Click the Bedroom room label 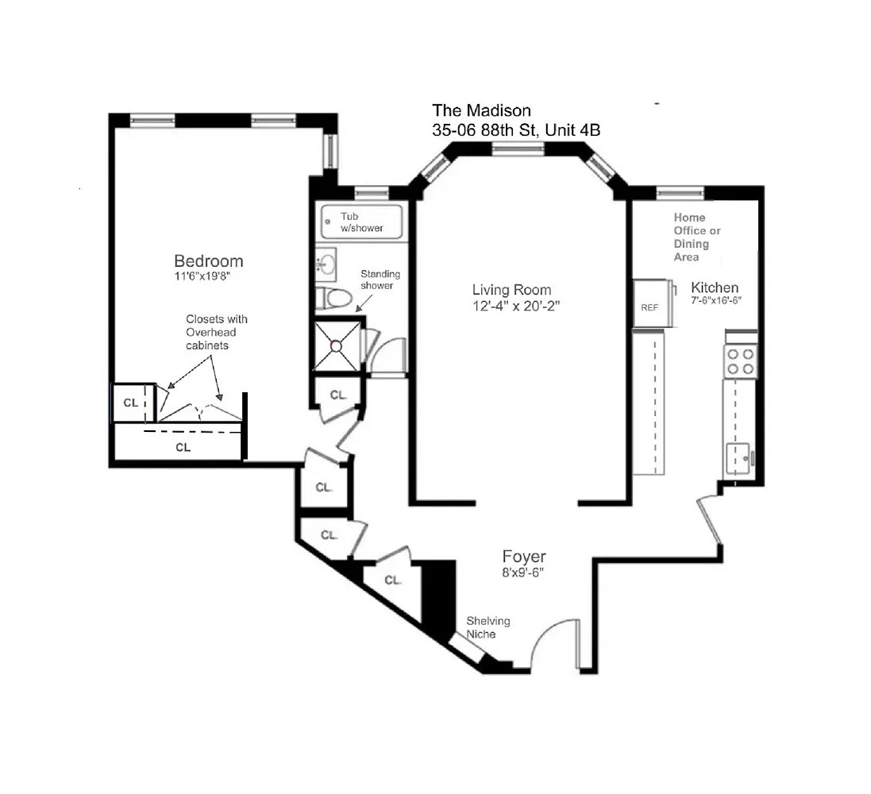pyautogui.click(x=208, y=261)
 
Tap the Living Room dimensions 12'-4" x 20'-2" pyautogui.click(x=516, y=306)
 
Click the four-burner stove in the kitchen pyautogui.click(x=741, y=361)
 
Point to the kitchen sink pyautogui.click(x=738, y=458)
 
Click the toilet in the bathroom pyautogui.click(x=334, y=299)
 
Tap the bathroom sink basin pyautogui.click(x=326, y=264)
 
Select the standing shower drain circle pyautogui.click(x=336, y=346)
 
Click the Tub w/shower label pyautogui.click(x=361, y=222)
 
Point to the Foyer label pyautogui.click(x=524, y=556)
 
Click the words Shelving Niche pyautogui.click(x=488, y=627)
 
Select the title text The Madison pyautogui.click(x=482, y=110)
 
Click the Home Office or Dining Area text pyautogui.click(x=697, y=237)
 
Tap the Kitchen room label pyautogui.click(x=715, y=287)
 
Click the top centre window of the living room pyautogui.click(x=518, y=148)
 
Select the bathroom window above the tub pyautogui.click(x=372, y=193)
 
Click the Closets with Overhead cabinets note pyautogui.click(x=216, y=332)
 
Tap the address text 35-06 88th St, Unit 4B pyautogui.click(x=516, y=130)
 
